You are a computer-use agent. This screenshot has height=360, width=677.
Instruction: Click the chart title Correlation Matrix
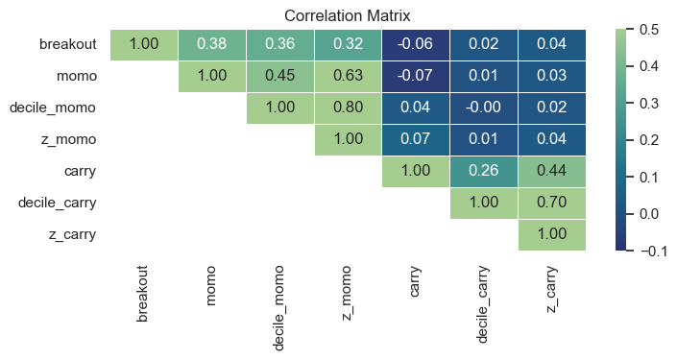(348, 15)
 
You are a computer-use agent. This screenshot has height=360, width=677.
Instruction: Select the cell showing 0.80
(348, 108)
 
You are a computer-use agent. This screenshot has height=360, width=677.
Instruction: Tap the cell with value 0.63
(348, 76)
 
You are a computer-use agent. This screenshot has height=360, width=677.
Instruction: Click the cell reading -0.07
(416, 76)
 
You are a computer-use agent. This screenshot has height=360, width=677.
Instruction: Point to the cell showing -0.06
(416, 44)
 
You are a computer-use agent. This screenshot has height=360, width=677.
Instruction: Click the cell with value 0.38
(212, 44)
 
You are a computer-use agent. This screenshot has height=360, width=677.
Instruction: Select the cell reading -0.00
(483, 108)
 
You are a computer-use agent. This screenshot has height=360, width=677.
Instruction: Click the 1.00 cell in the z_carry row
(551, 234)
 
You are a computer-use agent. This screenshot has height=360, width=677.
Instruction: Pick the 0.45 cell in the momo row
(280, 76)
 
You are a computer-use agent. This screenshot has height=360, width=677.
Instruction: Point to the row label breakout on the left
(67, 44)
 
